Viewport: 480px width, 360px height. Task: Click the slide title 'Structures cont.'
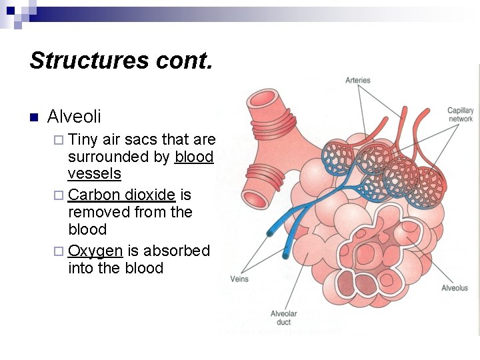(x=121, y=61)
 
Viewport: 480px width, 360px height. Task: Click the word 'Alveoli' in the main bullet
(x=74, y=117)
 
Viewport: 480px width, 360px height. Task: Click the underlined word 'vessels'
(x=94, y=174)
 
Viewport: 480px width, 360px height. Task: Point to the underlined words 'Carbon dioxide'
(x=122, y=195)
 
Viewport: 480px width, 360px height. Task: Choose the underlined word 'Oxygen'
(x=95, y=251)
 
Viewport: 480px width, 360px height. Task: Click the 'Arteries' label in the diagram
(x=357, y=81)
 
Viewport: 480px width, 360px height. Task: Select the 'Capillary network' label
(x=460, y=115)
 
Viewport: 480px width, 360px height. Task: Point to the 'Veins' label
(x=239, y=279)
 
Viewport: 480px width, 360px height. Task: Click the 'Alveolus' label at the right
(x=455, y=288)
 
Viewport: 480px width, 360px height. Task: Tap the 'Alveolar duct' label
(x=283, y=317)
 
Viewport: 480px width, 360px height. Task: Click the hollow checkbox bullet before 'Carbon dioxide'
(x=59, y=195)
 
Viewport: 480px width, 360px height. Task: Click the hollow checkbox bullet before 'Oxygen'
(x=59, y=251)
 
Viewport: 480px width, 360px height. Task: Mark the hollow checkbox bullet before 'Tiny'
(x=59, y=140)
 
